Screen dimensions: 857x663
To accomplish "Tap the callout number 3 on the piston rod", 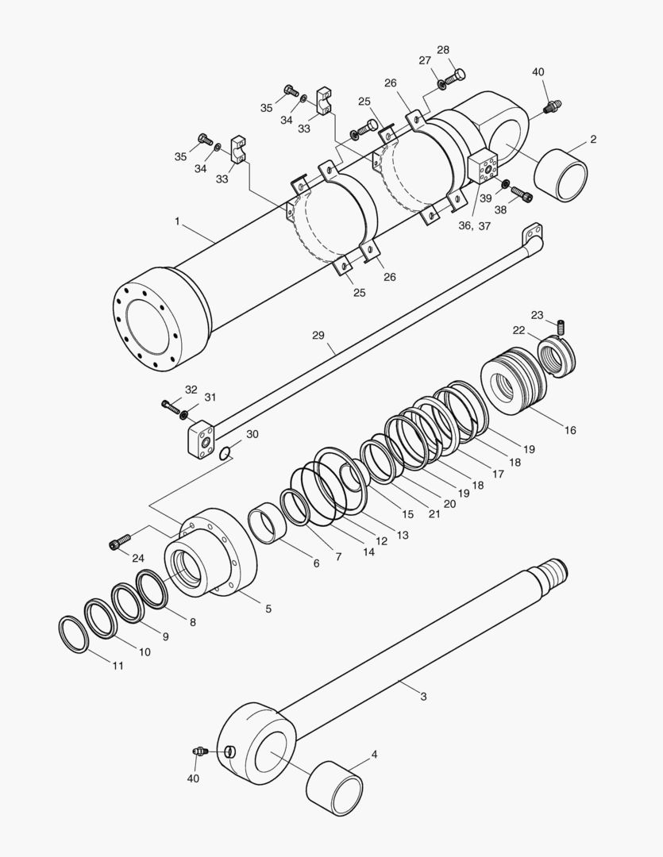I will point(423,696).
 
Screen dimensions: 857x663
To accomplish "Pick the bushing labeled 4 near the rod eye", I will point(334,787).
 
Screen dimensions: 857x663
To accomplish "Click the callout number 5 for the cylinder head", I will point(268,609).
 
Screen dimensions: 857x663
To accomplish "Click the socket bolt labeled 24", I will point(118,543).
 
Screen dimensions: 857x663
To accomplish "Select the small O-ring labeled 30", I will point(225,453).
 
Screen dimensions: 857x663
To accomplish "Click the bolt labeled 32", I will point(168,405).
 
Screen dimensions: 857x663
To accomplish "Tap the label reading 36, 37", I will point(476,226).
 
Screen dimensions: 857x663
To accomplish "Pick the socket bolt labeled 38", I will point(519,193).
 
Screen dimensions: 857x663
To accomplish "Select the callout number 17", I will point(498,475).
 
